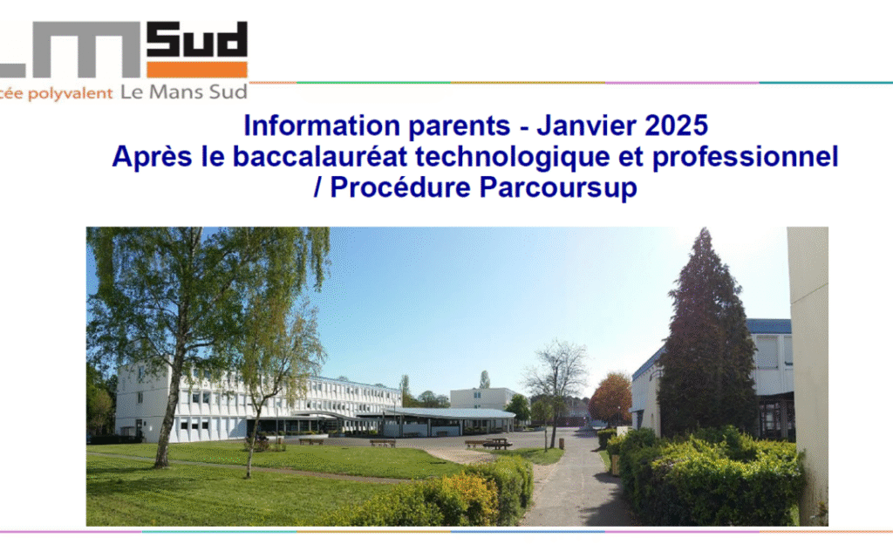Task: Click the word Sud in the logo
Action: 197,39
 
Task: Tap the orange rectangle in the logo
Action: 197,70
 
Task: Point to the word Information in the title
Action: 322,126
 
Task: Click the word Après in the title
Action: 152,157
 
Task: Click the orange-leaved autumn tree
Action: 610,398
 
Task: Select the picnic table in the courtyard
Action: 497,443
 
